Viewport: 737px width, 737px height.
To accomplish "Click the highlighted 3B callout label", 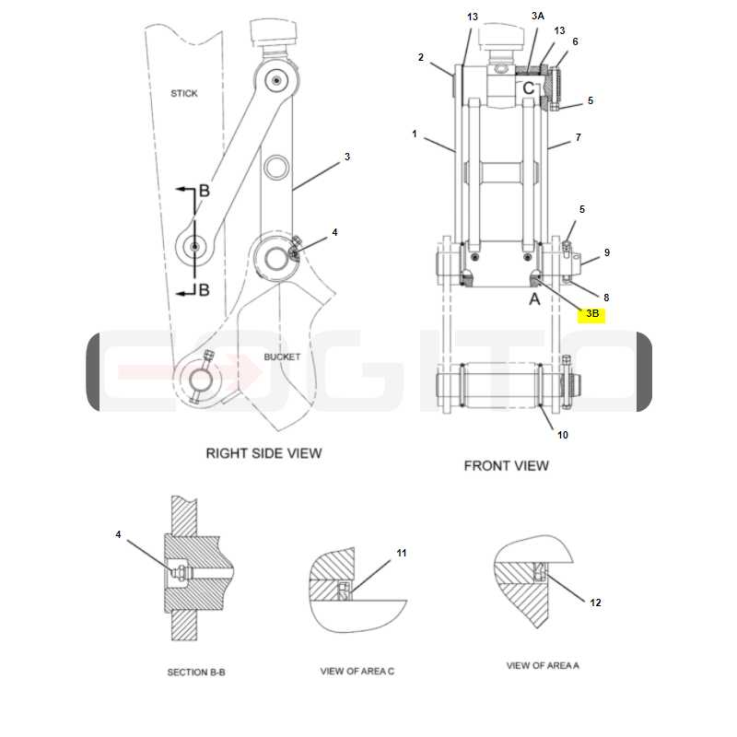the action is point(592,313).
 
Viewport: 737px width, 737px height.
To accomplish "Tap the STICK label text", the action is point(183,94).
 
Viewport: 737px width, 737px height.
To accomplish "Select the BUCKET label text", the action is point(282,357).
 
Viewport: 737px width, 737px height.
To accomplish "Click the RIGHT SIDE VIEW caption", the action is point(263,453).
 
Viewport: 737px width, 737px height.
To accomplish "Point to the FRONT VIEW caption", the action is point(506,466).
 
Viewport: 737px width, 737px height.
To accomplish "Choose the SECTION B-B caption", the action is point(196,673).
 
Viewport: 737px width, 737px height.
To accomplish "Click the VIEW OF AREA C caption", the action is point(357,672).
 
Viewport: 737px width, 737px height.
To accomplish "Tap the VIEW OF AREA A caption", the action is point(543,665).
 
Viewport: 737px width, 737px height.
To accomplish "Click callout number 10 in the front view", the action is point(563,435).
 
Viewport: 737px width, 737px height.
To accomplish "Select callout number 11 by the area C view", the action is point(402,554).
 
